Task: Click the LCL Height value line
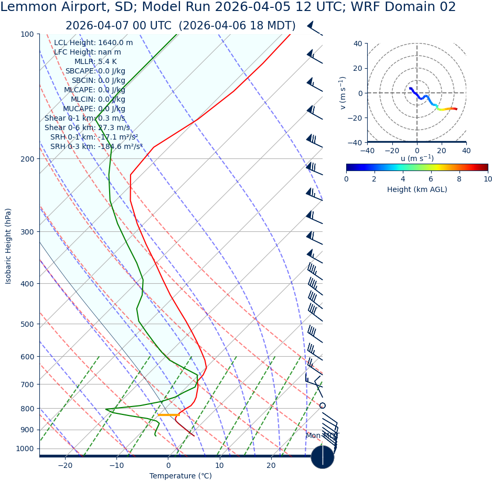coord(93,42)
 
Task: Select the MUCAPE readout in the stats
coord(94,109)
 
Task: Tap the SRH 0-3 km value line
coord(96,146)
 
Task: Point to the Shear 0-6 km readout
coord(87,127)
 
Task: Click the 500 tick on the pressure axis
coord(27,324)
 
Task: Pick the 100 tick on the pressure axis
coord(27,34)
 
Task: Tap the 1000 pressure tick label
coord(25,449)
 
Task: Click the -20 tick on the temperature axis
coord(65,465)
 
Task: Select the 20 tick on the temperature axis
coord(271,465)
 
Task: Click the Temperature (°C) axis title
coord(180,476)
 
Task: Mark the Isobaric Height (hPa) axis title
coord(8,246)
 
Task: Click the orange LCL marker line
coord(168,415)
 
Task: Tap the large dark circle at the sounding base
coord(322,457)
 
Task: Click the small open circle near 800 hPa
coord(322,405)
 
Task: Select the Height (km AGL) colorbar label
coord(417,189)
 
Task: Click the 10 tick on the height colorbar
coord(487,179)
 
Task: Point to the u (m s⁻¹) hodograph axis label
coord(417,158)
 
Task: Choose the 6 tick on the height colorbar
coord(431,179)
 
